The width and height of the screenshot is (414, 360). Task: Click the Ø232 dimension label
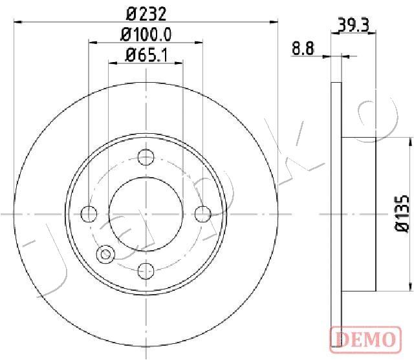146,14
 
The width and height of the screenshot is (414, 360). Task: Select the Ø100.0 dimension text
146,35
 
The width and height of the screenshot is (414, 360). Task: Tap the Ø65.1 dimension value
146,55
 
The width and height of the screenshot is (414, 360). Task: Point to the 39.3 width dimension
353,25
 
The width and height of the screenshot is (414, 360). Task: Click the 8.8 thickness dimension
303,48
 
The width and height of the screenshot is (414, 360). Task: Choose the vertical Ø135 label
402,214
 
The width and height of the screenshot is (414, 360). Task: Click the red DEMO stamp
365,339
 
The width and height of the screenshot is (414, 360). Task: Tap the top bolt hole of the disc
146,157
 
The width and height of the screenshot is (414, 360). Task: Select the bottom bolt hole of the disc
146,271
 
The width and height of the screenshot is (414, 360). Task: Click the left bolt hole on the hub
89,214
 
